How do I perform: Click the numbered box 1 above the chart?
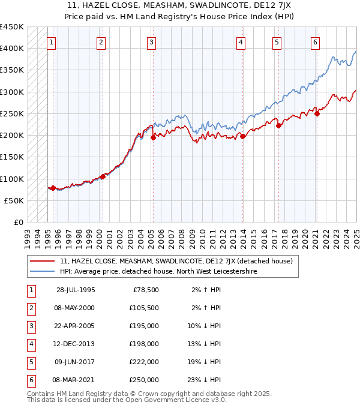(52, 42)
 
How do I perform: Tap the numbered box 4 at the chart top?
(240, 42)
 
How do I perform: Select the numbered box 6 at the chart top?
(315, 42)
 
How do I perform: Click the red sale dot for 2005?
(153, 137)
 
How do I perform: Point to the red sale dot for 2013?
(243, 137)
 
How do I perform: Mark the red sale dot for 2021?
(317, 114)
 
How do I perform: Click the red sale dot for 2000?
(103, 176)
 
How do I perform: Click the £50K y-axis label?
(14, 200)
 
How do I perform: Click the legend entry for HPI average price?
(158, 271)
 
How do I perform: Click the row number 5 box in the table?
(30, 362)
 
